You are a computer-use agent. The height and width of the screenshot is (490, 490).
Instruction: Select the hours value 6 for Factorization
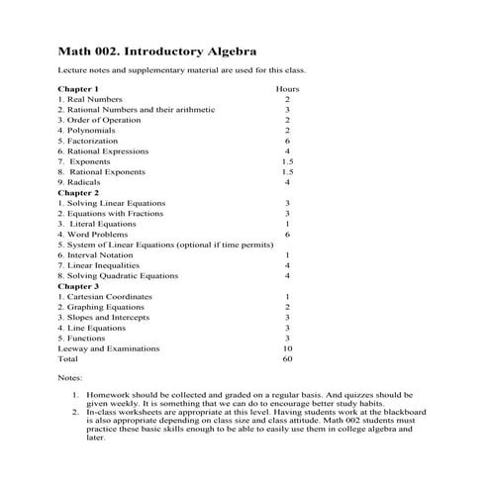pyautogui.click(x=287, y=141)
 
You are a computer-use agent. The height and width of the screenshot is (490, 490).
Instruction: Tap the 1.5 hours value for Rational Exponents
pyautogui.click(x=287, y=171)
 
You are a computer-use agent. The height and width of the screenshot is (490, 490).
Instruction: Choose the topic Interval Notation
pyautogui.click(x=99, y=254)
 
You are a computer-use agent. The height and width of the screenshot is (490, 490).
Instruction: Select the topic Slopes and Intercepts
pyautogui.click(x=104, y=317)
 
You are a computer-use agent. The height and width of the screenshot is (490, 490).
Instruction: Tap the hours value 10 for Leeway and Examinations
pyautogui.click(x=287, y=348)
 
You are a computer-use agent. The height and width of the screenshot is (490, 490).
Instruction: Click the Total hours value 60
pyautogui.click(x=287, y=358)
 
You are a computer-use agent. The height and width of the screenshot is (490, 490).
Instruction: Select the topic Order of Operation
pyautogui.click(x=98, y=120)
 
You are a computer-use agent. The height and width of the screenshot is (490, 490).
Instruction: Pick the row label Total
pyautogui.click(x=68, y=358)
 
